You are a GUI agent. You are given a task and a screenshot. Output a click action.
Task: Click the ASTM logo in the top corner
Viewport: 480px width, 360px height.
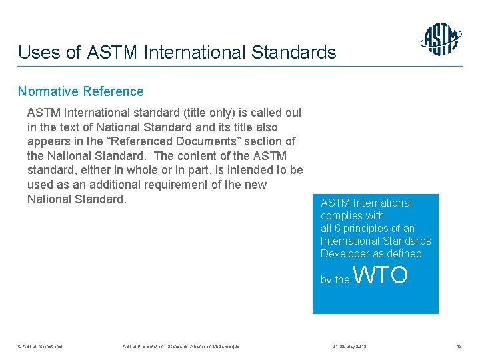(x=441, y=39)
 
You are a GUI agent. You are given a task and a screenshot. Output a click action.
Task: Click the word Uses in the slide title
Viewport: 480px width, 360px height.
(x=37, y=52)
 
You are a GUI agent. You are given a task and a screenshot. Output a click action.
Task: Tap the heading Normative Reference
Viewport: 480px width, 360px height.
(x=81, y=91)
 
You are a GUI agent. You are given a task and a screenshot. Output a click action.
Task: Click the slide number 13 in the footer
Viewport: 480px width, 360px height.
(x=458, y=346)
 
